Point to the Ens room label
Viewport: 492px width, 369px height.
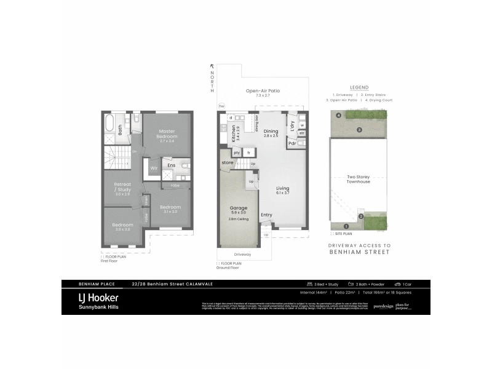click(171, 165)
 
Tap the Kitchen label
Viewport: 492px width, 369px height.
click(234, 133)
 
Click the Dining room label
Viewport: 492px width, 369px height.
click(271, 131)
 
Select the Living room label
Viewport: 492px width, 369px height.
click(283, 188)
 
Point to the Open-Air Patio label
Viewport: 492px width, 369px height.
click(263, 91)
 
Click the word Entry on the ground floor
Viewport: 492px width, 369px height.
click(266, 215)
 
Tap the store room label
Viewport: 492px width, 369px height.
click(228, 162)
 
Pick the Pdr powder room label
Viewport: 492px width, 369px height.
click(292, 144)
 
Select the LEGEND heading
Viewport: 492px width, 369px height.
click(359, 88)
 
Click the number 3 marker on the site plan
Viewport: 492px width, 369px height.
click(359, 130)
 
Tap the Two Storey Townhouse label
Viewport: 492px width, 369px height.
click(358, 180)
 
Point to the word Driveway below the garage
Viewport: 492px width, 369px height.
click(242, 253)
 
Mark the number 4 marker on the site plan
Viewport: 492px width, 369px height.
click(338, 115)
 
